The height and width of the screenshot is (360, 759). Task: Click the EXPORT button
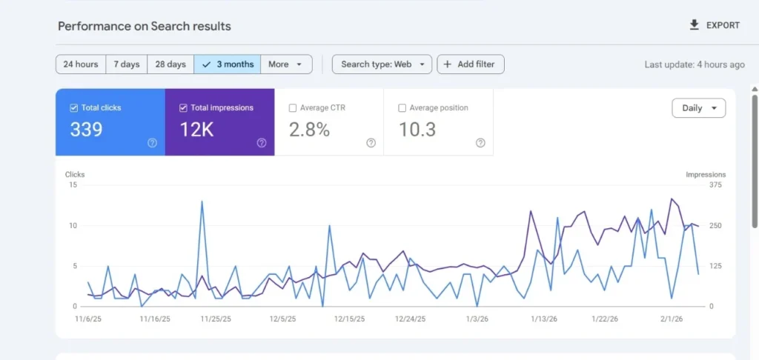point(715,25)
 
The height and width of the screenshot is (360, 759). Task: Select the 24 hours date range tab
point(81,64)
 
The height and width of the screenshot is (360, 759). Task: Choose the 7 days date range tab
point(127,64)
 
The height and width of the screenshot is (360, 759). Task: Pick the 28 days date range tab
point(170,64)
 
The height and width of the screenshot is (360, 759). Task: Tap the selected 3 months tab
point(228,64)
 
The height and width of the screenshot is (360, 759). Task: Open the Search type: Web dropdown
point(382,64)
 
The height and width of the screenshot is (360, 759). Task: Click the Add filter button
point(470,64)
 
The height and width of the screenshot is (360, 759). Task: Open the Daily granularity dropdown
point(698,108)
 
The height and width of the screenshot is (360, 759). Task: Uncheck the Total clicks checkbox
point(74,108)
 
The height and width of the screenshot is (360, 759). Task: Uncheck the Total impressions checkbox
point(184,108)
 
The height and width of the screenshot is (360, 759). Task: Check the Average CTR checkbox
point(293,108)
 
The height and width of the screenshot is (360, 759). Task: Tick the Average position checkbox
point(402,108)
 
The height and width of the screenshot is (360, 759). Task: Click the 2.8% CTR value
point(309,130)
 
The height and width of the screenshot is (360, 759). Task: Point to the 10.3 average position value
point(418,130)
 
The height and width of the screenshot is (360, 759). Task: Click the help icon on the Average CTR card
point(371,143)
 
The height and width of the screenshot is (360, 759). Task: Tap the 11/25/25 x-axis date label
point(216,319)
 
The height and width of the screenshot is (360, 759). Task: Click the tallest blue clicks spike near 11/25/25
point(202,201)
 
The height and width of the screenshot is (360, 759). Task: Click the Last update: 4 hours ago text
point(694,64)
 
